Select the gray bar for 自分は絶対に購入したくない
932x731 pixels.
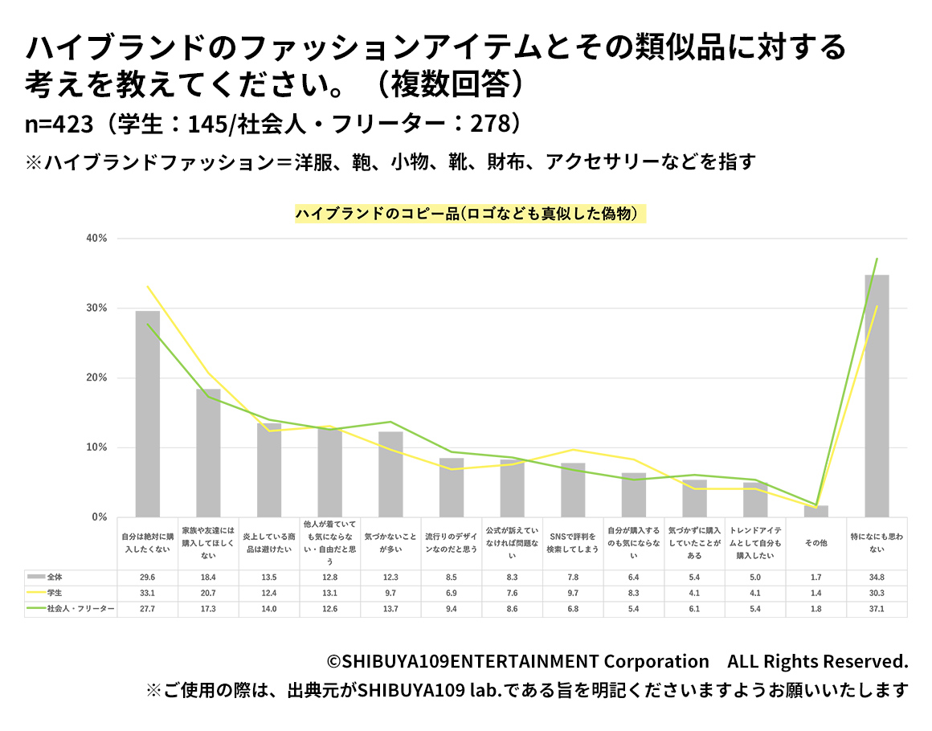(147, 414)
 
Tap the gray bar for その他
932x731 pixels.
(815, 511)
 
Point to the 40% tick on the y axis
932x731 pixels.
(97, 239)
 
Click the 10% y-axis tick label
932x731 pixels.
(97, 447)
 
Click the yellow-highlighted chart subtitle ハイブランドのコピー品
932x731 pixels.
(470, 214)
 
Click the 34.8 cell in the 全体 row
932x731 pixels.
(877, 577)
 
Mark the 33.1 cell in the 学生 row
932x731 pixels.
(147, 593)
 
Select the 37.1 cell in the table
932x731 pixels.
(877, 609)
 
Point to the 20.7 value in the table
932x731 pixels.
(208, 593)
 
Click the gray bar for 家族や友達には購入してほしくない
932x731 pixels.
(208, 453)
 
